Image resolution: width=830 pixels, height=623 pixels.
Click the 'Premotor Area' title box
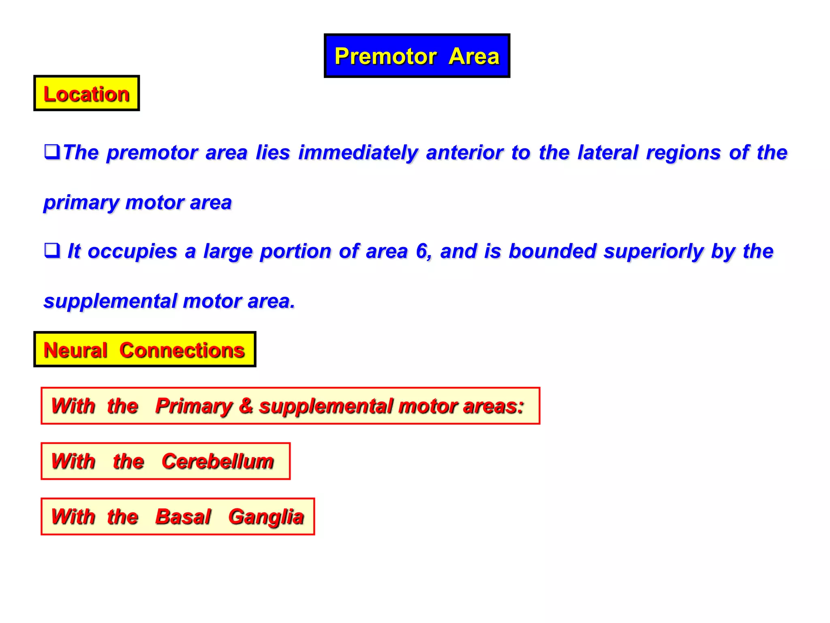pyautogui.click(x=417, y=56)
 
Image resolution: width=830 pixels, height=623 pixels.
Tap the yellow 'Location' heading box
pyautogui.click(x=86, y=94)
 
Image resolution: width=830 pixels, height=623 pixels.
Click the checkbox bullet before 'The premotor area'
pyautogui.click(x=52, y=152)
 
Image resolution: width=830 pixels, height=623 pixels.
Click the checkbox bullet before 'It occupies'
pyautogui.click(x=52, y=250)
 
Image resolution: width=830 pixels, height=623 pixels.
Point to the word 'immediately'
pyautogui.click(x=358, y=153)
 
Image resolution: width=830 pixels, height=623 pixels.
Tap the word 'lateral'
pyautogui.click(x=608, y=153)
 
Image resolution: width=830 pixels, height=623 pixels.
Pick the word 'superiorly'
pyautogui.click(x=654, y=252)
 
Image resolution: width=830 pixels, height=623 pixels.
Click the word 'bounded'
pyautogui.click(x=552, y=251)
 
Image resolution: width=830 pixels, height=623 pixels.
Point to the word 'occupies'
pyautogui.click(x=132, y=252)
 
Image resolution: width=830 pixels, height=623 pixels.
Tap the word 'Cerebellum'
pyautogui.click(x=218, y=462)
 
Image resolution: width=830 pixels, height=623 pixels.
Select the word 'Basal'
pyautogui.click(x=183, y=517)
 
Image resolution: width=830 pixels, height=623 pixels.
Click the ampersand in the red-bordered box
pyautogui.click(x=246, y=406)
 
